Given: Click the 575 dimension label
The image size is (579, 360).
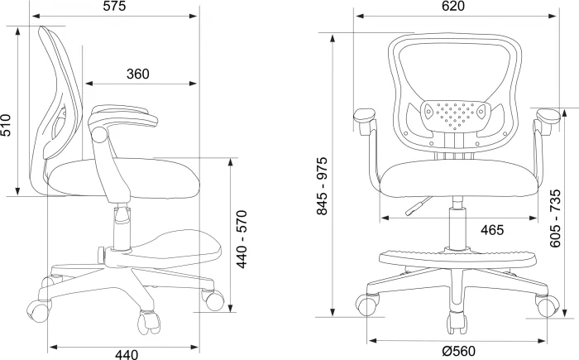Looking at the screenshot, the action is (114, 6).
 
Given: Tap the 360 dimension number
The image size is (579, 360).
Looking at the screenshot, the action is (138, 74).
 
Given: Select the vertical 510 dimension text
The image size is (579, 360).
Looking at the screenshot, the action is (6, 125).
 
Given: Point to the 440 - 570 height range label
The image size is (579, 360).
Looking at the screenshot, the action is (242, 239).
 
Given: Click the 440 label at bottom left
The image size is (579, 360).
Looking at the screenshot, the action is (127, 354).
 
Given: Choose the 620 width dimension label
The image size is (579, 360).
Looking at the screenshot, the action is (453, 6).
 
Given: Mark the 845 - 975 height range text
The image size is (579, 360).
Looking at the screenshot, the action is (322, 186).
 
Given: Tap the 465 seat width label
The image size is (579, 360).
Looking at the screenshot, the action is (492, 230).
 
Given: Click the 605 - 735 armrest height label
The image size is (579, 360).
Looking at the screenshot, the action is (555, 218).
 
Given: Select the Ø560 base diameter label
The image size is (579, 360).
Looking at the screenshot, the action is (458, 350).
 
